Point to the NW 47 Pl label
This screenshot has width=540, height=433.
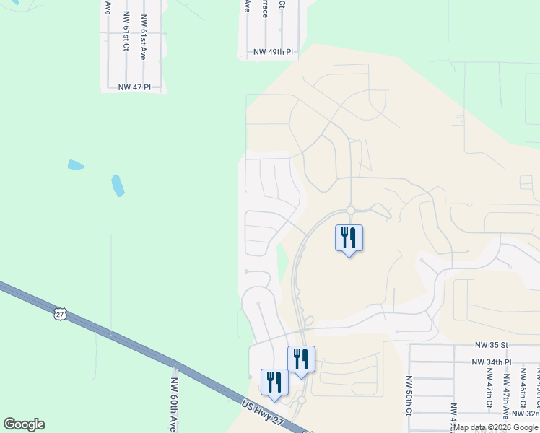134,87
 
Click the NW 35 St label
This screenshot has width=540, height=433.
492,346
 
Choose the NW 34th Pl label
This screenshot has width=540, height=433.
492,362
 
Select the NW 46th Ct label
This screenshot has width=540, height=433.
522,385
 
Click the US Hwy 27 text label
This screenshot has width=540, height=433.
263,414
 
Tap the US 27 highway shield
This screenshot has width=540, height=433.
60,313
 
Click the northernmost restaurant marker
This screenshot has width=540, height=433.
349,237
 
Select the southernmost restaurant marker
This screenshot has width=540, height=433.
274,382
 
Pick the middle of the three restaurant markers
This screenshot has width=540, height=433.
301,359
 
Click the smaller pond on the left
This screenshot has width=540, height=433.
76,165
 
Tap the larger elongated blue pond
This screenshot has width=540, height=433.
118,185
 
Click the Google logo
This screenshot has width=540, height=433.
24,424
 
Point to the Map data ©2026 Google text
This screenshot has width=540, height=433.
495,427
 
